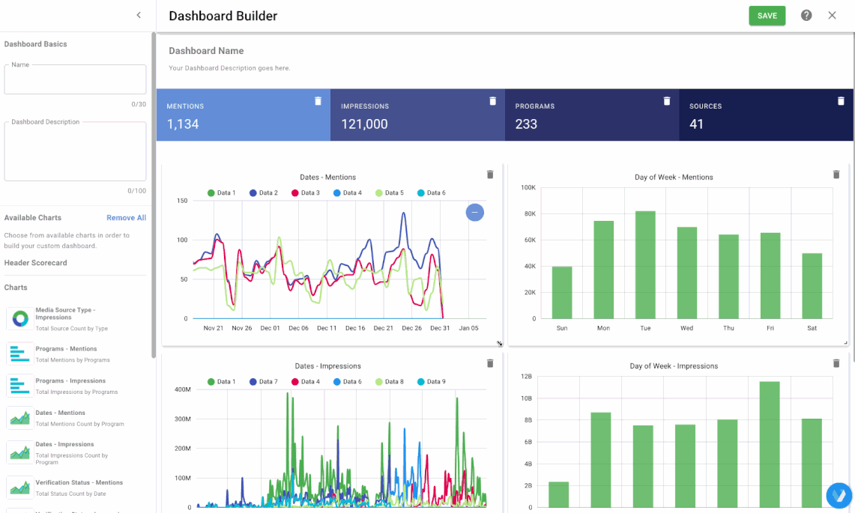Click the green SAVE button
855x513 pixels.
(767, 16)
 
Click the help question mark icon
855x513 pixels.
(806, 16)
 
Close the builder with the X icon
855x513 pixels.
(832, 16)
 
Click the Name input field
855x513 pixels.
(75, 79)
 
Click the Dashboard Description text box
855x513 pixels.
(75, 151)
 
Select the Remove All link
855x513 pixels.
(126, 218)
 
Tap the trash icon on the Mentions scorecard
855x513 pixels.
(318, 101)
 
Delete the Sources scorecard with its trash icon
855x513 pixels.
(841, 101)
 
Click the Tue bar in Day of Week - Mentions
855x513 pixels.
(645, 264)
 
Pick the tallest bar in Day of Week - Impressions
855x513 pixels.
(769, 444)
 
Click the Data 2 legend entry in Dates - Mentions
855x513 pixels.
(263, 193)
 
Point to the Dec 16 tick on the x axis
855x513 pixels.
(355, 328)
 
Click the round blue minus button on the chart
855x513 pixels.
(474, 213)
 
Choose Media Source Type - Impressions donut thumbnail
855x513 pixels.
(19, 318)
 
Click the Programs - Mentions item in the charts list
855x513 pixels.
(66, 349)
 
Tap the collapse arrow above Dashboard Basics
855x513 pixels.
(139, 15)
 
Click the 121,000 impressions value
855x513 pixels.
(364, 124)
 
